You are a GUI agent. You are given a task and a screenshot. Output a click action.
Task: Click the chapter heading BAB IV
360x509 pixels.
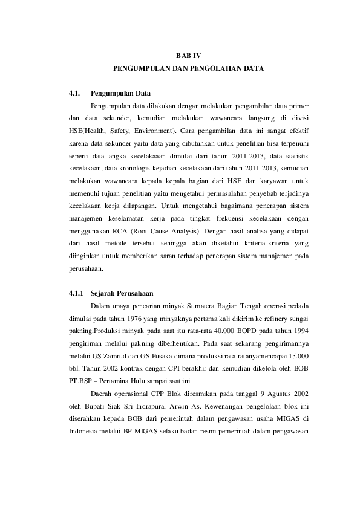coord(188,55)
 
